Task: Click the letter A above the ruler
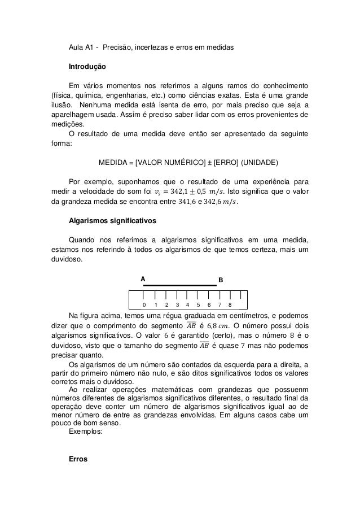tap(143, 279)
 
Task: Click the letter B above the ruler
tap(221, 280)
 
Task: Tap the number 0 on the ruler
tap(144, 304)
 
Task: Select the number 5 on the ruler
tap(197, 304)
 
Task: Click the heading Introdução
tap(87, 66)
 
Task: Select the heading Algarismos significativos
tap(110, 220)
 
